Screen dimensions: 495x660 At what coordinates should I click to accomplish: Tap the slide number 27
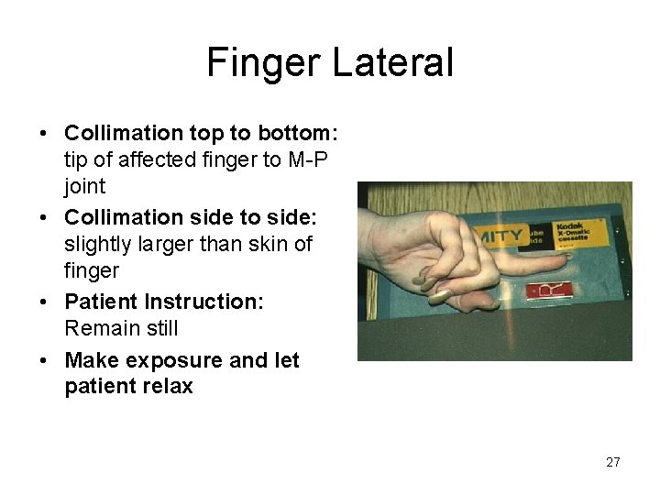tap(612, 462)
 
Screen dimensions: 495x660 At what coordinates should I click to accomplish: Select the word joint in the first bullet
tap(85, 186)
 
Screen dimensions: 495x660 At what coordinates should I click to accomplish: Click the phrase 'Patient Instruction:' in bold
tap(164, 302)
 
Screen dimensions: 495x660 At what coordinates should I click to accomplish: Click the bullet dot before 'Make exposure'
tap(46, 361)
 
